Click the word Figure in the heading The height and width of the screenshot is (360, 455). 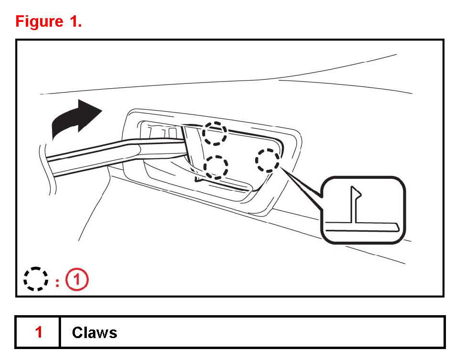pyautogui.click(x=39, y=21)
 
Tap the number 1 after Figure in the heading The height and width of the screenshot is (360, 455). pyautogui.click(x=76, y=21)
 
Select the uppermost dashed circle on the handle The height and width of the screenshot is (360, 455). pyautogui.click(x=214, y=133)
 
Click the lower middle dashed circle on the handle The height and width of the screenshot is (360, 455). pyautogui.click(x=216, y=166)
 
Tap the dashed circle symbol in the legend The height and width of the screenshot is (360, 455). pyautogui.click(x=36, y=279)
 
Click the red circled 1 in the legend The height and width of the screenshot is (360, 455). pyautogui.click(x=77, y=279)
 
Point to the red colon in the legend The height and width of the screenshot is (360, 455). pyautogui.click(x=57, y=281)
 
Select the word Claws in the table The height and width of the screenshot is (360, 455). pyautogui.click(x=94, y=332)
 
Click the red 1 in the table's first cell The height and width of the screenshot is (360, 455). pyautogui.click(x=39, y=332)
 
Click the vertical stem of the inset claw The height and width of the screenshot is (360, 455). pyautogui.click(x=353, y=206)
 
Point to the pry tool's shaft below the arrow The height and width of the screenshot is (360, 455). pyautogui.click(x=86, y=159)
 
